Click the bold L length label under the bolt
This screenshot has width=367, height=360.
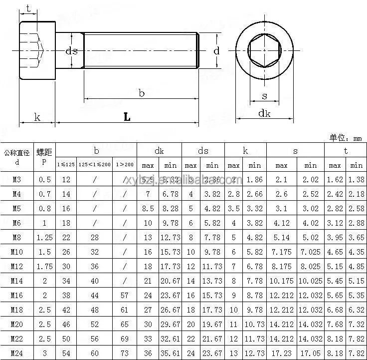pyautogui.click(x=127, y=117)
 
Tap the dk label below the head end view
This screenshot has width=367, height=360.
pyautogui.click(x=264, y=113)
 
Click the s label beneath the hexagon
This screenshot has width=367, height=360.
pyautogui.click(x=264, y=96)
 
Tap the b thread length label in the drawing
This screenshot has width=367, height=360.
pyautogui.click(x=142, y=93)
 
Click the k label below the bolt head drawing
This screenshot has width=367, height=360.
pyautogui.click(x=37, y=117)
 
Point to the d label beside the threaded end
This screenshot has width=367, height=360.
pyautogui.click(x=216, y=51)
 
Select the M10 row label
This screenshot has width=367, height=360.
pyautogui.click(x=17, y=252)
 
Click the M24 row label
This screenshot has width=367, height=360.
pyautogui.click(x=17, y=353)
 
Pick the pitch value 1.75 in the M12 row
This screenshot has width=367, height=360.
pyautogui.click(x=44, y=267)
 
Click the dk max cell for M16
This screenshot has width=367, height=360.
pyautogui.click(x=148, y=295)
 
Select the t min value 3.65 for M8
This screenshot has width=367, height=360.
pyautogui.click(x=356, y=238)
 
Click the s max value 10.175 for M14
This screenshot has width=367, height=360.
pyautogui.click(x=281, y=281)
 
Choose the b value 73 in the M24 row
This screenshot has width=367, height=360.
pyautogui.click(x=125, y=353)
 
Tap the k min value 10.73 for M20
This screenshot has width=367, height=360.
pyautogui.click(x=254, y=324)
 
